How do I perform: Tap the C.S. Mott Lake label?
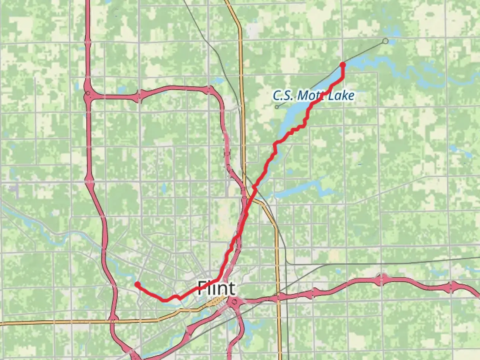[313, 96]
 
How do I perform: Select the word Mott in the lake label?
[310, 96]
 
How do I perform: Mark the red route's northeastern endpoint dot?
[342, 65]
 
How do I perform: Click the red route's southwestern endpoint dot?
[137, 284]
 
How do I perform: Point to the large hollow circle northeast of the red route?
[385, 41]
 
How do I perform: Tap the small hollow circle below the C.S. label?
[277, 107]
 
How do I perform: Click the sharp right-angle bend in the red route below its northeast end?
[343, 78]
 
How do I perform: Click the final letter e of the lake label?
[351, 96]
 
